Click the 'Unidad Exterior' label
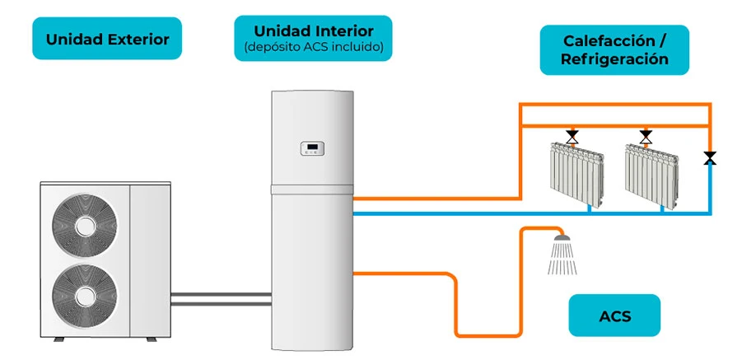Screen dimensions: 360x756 [107, 39]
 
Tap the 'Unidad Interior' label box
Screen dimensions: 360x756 [313, 38]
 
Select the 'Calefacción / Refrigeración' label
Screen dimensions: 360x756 [614, 49]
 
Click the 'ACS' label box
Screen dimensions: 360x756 [614, 316]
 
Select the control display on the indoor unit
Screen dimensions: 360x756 [313, 149]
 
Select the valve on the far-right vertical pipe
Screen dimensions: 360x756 [709, 157]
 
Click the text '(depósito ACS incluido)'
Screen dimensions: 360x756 [313, 47]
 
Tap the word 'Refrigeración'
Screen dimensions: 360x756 [614, 59]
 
